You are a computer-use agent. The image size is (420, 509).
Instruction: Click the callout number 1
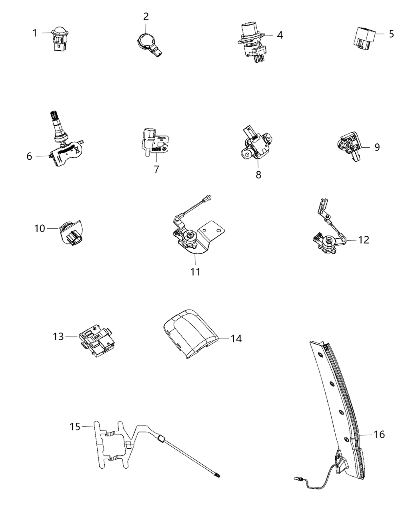click(35, 33)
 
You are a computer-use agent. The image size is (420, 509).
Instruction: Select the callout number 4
click(280, 35)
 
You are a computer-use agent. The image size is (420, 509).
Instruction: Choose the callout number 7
click(156, 169)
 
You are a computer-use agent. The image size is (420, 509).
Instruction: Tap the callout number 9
click(377, 147)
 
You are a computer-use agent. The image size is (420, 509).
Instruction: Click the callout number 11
click(195, 272)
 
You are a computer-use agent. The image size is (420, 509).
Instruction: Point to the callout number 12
click(364, 240)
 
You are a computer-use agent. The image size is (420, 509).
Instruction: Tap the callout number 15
click(75, 427)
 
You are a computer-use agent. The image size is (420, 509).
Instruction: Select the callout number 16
click(379, 434)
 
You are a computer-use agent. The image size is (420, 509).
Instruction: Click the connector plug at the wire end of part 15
click(217, 475)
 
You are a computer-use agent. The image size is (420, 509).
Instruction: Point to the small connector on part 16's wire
click(298, 477)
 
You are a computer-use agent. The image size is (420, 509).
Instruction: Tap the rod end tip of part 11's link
click(208, 197)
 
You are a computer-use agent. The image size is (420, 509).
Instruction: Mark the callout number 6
click(29, 156)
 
